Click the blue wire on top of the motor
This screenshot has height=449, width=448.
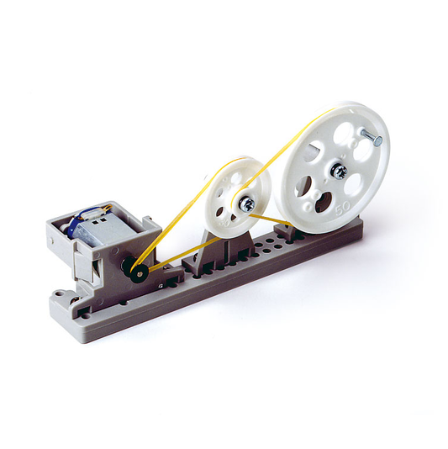pos(101,209)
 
